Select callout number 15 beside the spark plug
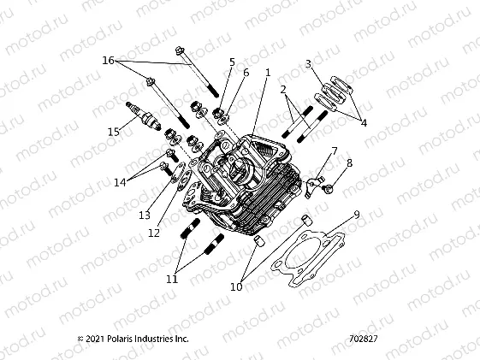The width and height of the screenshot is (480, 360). pyautogui.click(x=114, y=131)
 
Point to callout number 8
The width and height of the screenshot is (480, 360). pyautogui.click(x=349, y=162)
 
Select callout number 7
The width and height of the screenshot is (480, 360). pyautogui.click(x=335, y=150)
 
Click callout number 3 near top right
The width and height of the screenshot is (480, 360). pyautogui.click(x=309, y=64)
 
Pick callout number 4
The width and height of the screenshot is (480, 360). pyautogui.click(x=363, y=123)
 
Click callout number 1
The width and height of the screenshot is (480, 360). pyautogui.click(x=268, y=73)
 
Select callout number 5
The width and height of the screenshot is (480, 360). pyautogui.click(x=232, y=62)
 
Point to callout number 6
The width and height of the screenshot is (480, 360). pyautogui.click(x=246, y=73)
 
